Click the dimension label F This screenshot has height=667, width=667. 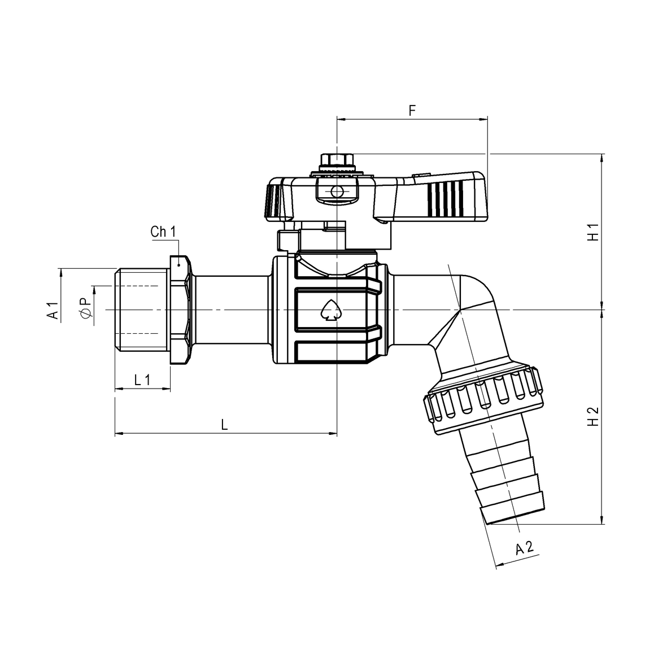pos(412,111)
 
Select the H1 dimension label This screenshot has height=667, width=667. pos(592,233)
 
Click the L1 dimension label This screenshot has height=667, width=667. pos(142,380)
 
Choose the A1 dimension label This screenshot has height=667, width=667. pos(52,311)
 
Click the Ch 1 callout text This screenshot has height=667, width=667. pos(163,232)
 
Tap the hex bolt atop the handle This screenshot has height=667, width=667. pos(337,160)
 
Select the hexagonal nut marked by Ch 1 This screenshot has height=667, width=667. pos(180,309)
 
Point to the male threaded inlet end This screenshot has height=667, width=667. pos(141,309)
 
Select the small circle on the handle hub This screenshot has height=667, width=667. pos(337,193)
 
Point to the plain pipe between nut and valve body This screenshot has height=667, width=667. pos(232,309)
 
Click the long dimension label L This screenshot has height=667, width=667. pos(224,424)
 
